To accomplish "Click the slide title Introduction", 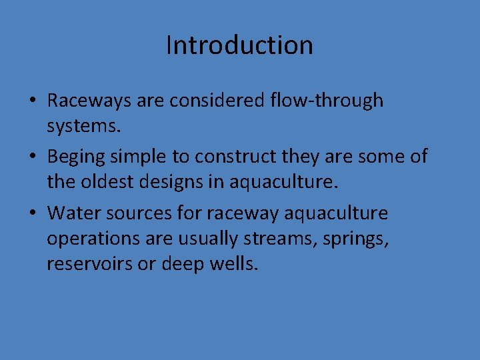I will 239,45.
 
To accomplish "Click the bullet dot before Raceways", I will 32,101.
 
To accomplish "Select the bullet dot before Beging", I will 32,157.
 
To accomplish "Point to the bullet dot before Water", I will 32,214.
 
